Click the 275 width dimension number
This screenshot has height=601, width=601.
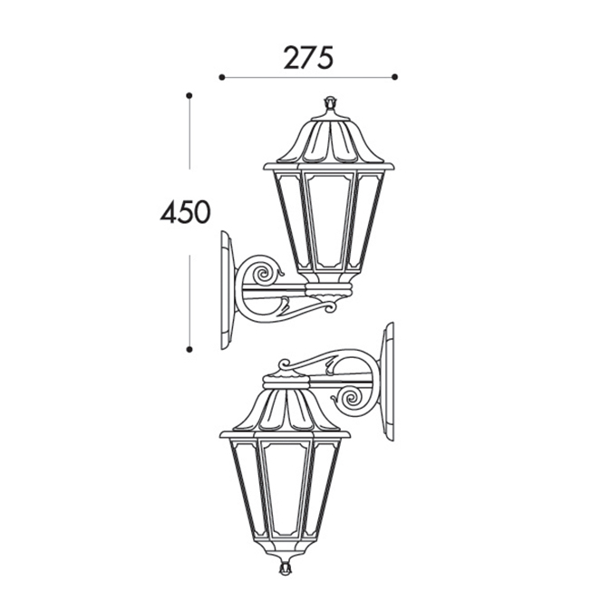tap(308, 58)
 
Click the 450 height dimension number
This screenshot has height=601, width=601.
tap(185, 212)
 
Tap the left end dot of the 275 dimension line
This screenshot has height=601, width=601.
tap(221, 77)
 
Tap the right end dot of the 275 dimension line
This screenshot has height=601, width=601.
tap(395, 77)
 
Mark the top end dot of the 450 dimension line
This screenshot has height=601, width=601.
tap(189, 95)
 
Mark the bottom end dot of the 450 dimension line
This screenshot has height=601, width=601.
tap(189, 349)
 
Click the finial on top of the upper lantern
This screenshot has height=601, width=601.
tap(329, 103)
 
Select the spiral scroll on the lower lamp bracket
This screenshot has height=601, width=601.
tap(351, 399)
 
